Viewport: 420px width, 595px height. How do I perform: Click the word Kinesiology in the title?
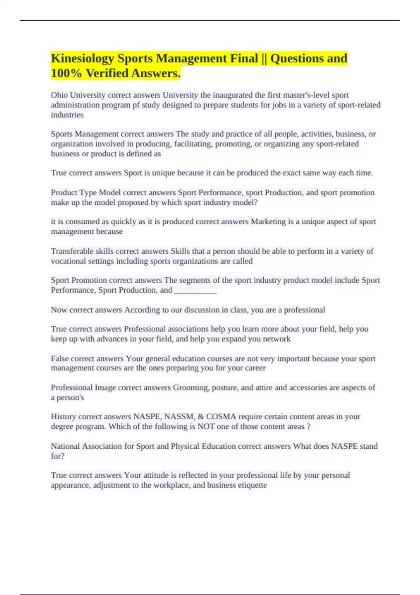(x=83, y=58)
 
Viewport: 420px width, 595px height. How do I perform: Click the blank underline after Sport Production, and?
(x=195, y=290)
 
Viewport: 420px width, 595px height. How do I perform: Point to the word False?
(x=60, y=359)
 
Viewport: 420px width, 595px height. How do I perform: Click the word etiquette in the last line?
(x=252, y=485)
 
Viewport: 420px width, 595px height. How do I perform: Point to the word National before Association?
(x=65, y=446)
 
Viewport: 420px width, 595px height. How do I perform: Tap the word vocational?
(x=67, y=261)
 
